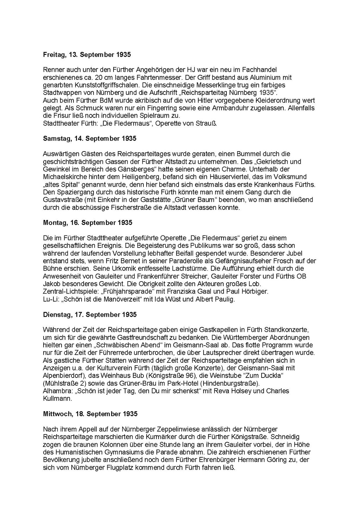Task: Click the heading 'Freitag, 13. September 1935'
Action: coord(86,55)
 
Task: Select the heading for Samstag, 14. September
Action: coord(89,138)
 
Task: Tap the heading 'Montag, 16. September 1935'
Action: coord(88,223)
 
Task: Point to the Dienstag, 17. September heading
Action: coord(89,315)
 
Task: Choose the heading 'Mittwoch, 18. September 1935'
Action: coord(90,414)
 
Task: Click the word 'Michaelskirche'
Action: coord(62,177)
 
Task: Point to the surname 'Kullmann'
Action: coord(57,399)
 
